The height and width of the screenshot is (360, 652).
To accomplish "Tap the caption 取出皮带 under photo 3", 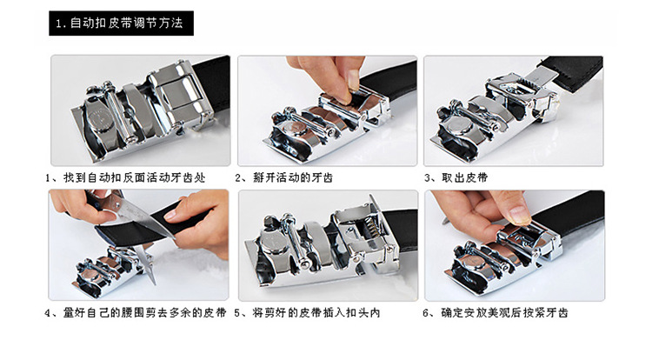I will pos(460,177).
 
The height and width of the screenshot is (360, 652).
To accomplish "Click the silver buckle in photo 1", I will pos(139,113).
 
